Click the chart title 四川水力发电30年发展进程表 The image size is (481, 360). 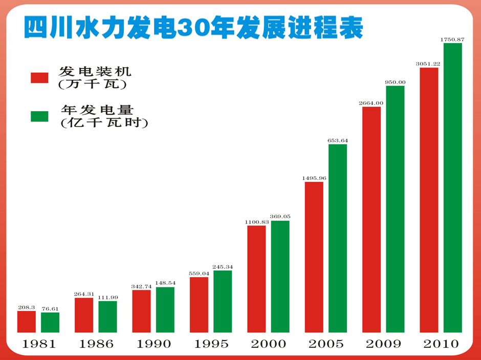tap(194, 28)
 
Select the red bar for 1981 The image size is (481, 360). tap(27, 322)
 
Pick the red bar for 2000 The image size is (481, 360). tap(256, 279)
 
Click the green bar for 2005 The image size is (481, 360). tap(338, 238)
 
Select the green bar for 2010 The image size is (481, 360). tap(453, 187)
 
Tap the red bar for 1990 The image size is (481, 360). tap(141, 311)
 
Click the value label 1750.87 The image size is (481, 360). tap(452, 39)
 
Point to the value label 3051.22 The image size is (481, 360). tap(428, 63)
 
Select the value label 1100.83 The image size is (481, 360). tap(256, 221)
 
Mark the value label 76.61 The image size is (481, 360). tap(50, 308)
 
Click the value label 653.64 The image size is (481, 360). tap(338, 140)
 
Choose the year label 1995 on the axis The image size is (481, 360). tap(211, 344)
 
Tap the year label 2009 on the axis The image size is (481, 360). tap(383, 344)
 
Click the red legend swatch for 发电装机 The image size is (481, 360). tap(39, 77)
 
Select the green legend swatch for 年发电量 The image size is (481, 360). tap(39, 116)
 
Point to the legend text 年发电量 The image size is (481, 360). tap(97, 110)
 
